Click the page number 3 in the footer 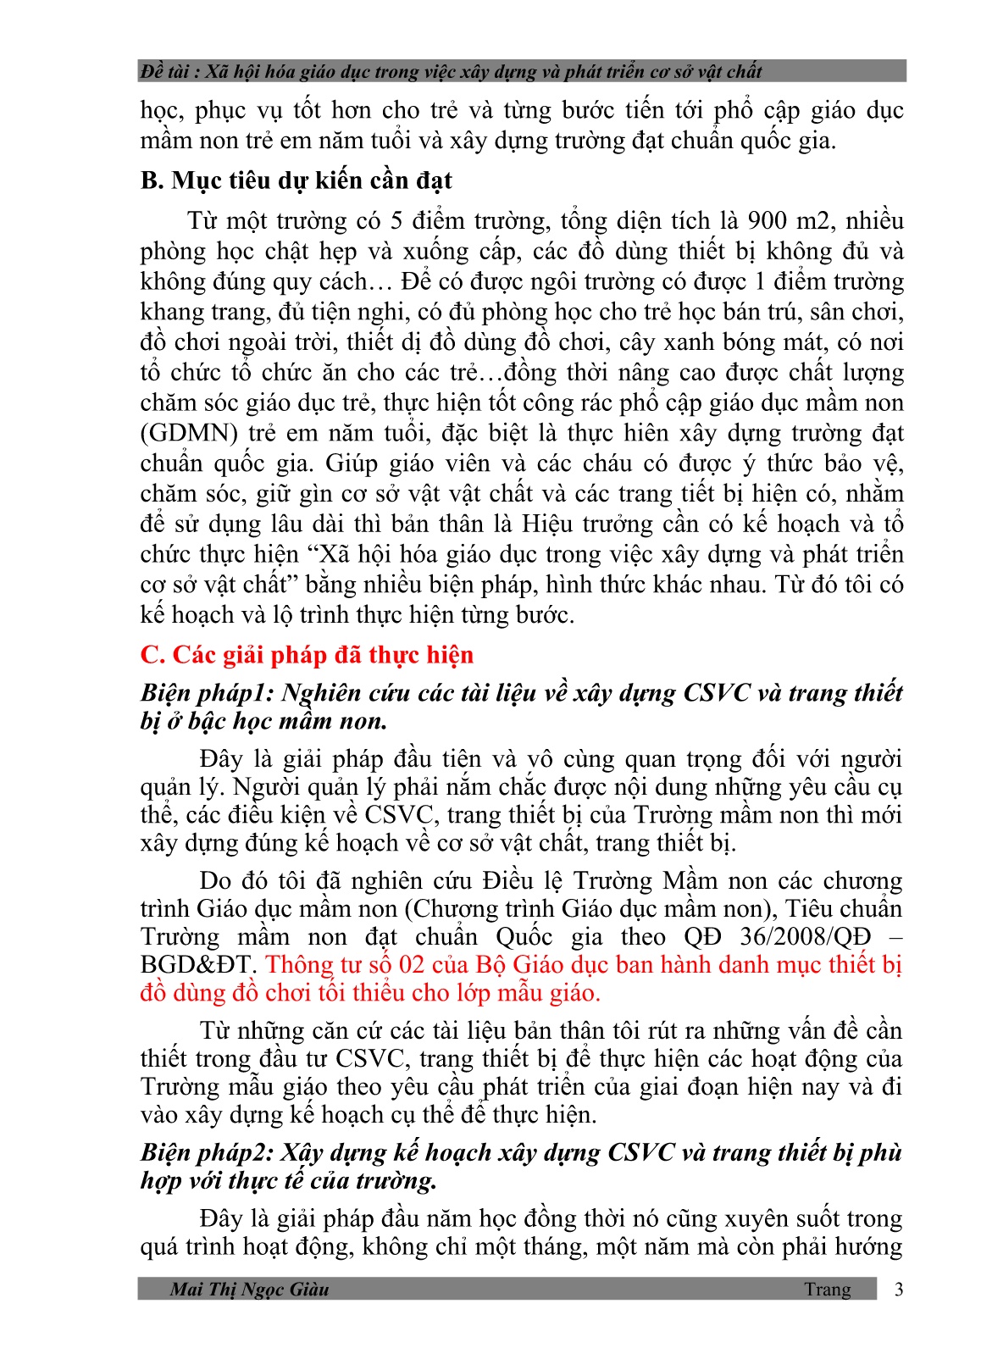click(899, 1289)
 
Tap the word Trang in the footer click(828, 1289)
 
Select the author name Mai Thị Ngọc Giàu click(249, 1289)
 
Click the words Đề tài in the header click(164, 71)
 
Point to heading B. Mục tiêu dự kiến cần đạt click(296, 180)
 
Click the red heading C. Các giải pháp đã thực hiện click(307, 655)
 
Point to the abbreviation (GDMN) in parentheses click(189, 433)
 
